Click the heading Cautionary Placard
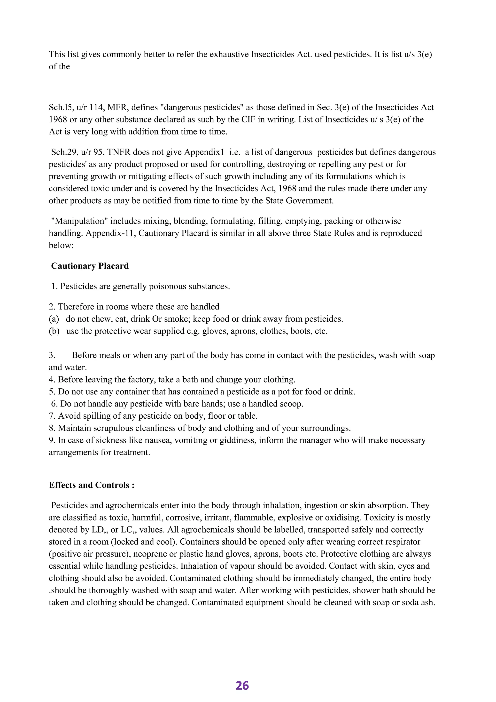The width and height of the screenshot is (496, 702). pyautogui.click(x=90, y=266)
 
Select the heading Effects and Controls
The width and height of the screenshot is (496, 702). pyautogui.click(x=91, y=485)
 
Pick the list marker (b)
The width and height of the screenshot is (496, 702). pyautogui.click(x=54, y=331)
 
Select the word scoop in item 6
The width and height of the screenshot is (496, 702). pyautogui.click(x=293, y=404)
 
